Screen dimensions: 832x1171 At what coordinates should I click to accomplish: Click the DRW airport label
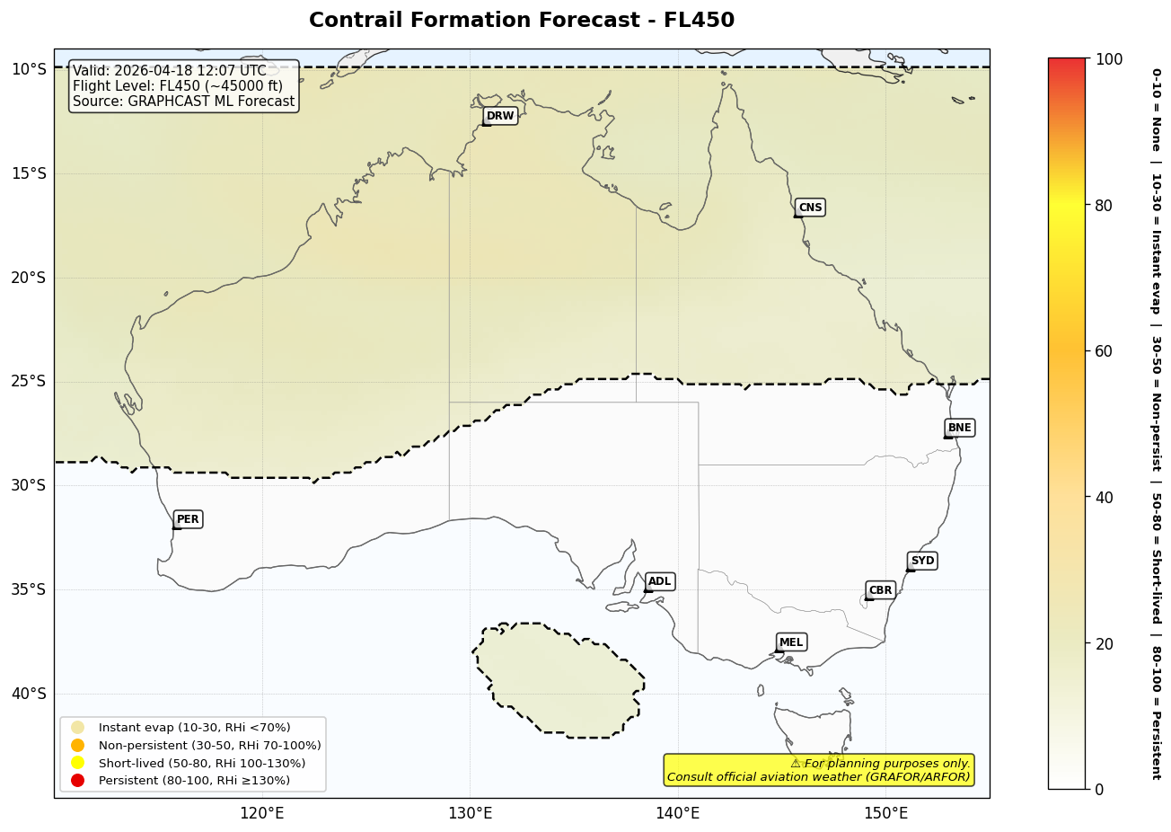(x=500, y=116)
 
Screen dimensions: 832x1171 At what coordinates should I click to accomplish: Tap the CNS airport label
(x=810, y=208)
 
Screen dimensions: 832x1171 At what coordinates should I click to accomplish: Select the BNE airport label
(x=959, y=428)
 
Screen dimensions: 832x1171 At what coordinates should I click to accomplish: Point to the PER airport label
(x=188, y=519)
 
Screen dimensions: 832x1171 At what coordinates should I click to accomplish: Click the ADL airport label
(x=659, y=581)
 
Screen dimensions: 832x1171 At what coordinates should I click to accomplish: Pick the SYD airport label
(x=922, y=561)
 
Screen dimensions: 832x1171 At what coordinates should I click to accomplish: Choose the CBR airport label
(x=880, y=590)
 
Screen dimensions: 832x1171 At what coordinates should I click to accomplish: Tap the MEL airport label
(x=791, y=642)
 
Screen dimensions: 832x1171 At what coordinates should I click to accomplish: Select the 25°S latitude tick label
(x=28, y=381)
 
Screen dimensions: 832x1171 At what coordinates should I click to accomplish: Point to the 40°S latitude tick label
(x=28, y=694)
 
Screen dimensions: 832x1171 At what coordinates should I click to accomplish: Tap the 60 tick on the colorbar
(x=1104, y=351)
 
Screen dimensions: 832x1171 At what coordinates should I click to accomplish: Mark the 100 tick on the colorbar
(x=1109, y=59)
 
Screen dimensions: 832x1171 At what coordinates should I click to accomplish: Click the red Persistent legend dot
(x=78, y=780)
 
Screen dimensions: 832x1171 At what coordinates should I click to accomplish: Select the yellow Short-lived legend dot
(x=78, y=763)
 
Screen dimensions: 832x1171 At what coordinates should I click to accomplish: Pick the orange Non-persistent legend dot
(x=78, y=745)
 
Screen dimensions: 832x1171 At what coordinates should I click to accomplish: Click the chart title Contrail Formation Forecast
(x=521, y=21)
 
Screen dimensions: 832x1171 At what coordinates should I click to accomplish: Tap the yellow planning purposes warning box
(x=818, y=770)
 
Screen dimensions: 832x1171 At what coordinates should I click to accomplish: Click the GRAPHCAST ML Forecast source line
(x=183, y=102)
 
